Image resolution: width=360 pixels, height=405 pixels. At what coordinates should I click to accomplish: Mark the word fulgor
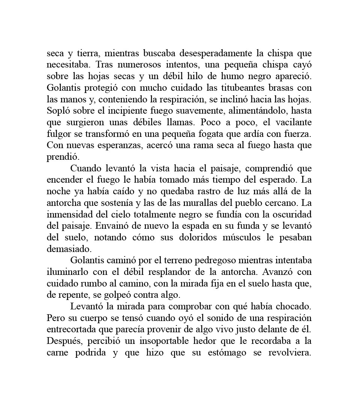[57, 134]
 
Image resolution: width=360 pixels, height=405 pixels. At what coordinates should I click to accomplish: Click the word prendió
[62, 157]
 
